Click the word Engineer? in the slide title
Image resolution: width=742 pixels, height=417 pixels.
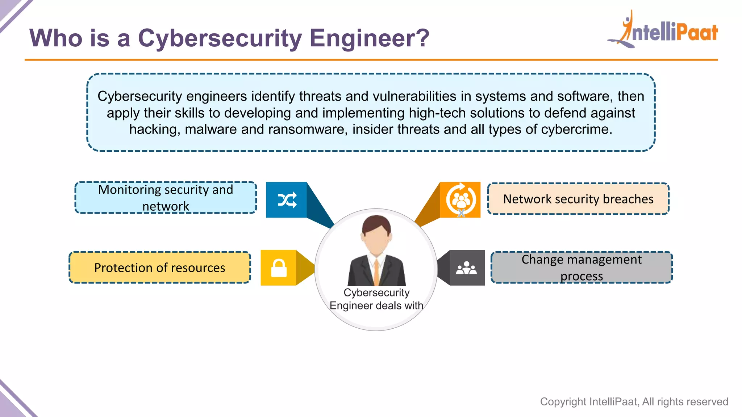pos(370,38)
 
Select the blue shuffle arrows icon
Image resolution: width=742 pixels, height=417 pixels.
pos(287,200)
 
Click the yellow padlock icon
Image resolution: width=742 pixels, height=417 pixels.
pos(279,268)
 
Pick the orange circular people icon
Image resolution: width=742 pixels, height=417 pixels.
pos(460,200)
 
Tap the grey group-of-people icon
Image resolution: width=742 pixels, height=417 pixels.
pos(467,268)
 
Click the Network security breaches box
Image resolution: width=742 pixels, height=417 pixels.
pos(578,199)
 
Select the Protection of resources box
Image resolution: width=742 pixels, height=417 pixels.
pos(160,268)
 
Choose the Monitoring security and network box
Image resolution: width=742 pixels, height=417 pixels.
pos(166,198)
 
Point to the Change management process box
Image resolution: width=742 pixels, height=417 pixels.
pos(581,268)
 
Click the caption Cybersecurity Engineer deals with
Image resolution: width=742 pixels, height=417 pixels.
pos(376,299)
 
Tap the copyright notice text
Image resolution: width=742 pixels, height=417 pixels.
pos(634,401)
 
